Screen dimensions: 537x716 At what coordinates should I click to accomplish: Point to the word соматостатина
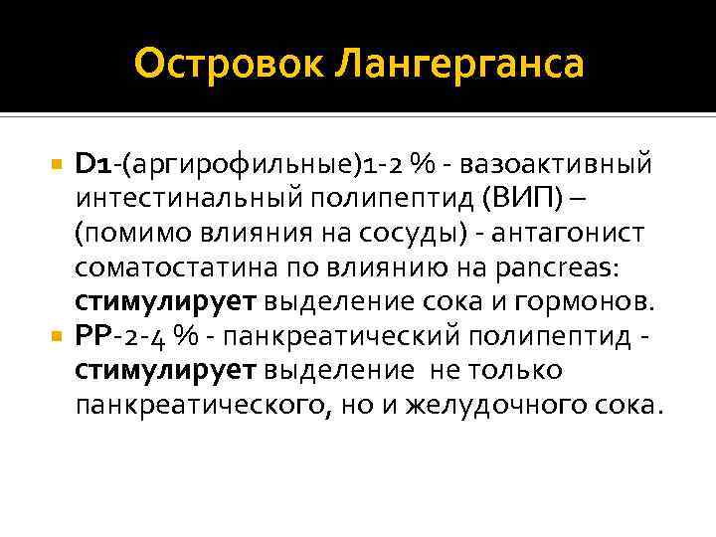tap(174, 268)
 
